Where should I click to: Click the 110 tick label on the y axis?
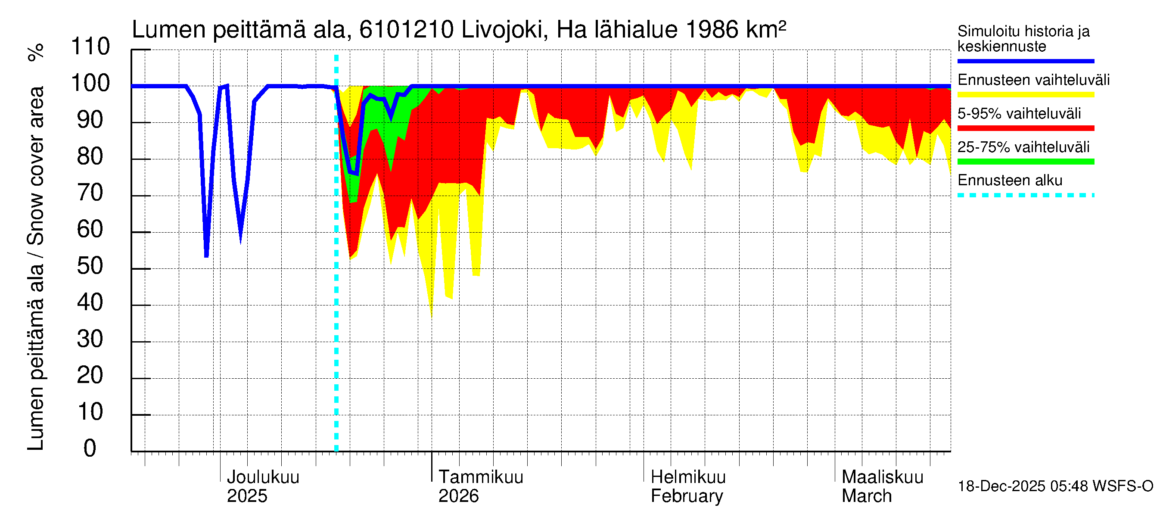tap(90, 47)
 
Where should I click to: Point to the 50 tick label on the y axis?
tap(90, 266)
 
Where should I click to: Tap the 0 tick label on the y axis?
tap(90, 449)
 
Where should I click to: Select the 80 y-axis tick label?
tap(90, 157)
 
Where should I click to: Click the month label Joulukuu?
tap(263, 477)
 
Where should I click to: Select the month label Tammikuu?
tap(481, 477)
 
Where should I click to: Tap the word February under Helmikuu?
tap(687, 496)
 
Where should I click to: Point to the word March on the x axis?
tap(866, 496)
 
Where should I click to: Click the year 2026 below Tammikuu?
tap(458, 496)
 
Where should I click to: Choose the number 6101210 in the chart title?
tap(406, 30)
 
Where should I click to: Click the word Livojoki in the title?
tap(505, 30)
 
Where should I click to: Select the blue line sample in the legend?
tap(1025, 61)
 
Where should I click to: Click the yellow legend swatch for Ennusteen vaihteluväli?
tap(1025, 95)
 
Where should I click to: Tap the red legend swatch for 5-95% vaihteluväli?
tap(1025, 128)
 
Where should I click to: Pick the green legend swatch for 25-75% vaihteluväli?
tap(1025, 162)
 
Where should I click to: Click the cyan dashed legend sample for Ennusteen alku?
tap(1025, 196)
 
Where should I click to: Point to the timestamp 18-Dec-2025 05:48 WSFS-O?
tap(1055, 486)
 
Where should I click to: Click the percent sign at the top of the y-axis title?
tap(36, 52)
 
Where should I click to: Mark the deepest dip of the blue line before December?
tap(206, 255)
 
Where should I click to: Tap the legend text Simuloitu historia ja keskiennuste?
tap(1023, 39)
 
